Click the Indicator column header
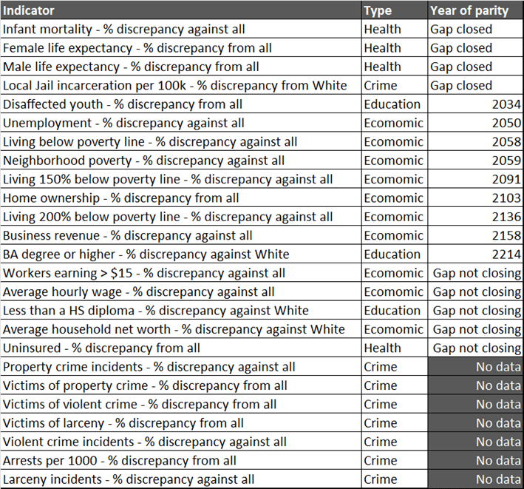click(30, 10)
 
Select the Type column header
click(378, 10)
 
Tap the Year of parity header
click(469, 10)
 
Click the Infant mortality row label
click(124, 30)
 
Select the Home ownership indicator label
click(121, 198)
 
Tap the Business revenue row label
click(128, 236)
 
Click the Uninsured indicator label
click(102, 348)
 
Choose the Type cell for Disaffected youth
click(392, 104)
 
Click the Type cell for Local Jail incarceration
click(381, 86)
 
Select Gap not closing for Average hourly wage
click(477, 292)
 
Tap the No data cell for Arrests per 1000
click(498, 461)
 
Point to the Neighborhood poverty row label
click(144, 161)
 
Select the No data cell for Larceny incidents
click(498, 479)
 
